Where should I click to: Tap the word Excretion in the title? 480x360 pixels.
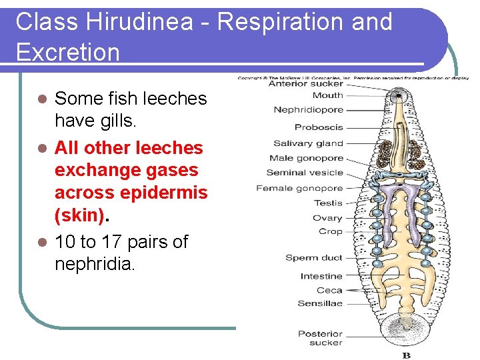point(67,51)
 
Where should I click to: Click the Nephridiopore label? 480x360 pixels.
point(308,110)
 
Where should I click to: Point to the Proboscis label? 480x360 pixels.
point(319,127)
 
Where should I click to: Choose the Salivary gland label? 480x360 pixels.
point(308,143)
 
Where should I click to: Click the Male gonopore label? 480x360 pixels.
point(306,158)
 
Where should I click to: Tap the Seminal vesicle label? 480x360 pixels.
point(305,173)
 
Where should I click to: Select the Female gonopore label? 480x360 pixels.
point(299,188)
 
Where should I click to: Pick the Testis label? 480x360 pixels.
point(327,203)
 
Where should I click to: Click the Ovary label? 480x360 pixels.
point(327,218)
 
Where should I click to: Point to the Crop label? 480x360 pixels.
point(331,232)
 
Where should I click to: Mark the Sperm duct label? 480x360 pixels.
point(313,258)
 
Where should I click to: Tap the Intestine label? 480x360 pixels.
point(321,276)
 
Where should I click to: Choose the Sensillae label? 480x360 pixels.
point(320,303)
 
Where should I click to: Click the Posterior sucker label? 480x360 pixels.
point(320,338)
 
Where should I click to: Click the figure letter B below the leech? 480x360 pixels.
point(406,355)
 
